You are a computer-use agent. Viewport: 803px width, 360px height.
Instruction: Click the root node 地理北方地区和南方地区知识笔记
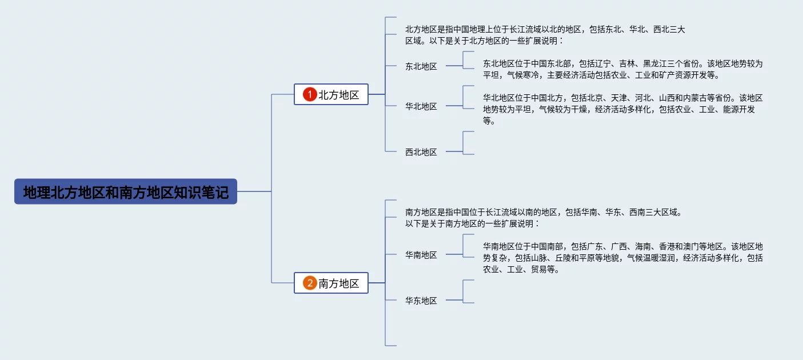[x=126, y=192]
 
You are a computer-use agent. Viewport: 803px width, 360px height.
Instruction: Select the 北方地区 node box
[x=331, y=95]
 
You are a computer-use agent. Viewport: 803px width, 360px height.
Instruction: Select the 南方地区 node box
[x=331, y=283]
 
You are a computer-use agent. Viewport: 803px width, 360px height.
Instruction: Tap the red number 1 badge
[x=310, y=95]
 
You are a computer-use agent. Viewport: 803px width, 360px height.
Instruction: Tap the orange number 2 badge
[x=310, y=283]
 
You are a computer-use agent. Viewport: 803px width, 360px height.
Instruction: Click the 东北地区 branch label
[x=421, y=66]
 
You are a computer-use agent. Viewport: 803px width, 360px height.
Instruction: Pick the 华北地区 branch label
[x=421, y=106]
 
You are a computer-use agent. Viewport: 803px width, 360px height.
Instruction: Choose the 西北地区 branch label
[x=421, y=152]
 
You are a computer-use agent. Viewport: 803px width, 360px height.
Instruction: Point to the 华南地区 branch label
[x=421, y=255]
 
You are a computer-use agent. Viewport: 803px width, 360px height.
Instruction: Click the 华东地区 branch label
[x=421, y=301]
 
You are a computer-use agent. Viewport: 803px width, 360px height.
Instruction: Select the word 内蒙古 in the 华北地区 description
[x=695, y=98]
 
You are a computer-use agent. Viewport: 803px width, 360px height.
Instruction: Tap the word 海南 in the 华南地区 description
[x=643, y=246]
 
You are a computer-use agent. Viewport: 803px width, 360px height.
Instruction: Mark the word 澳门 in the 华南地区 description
[x=691, y=246]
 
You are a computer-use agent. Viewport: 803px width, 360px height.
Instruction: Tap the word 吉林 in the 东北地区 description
[x=627, y=63]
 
